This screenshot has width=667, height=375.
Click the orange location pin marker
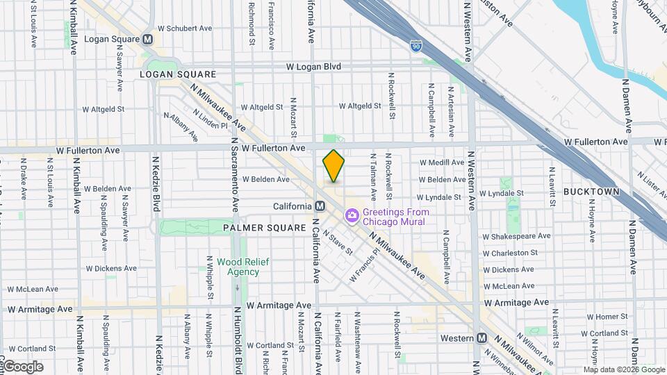coord(333,166)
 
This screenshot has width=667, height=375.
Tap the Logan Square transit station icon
coord(147,40)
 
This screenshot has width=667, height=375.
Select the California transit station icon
coord(320,206)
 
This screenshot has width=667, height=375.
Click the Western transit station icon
coord(481,338)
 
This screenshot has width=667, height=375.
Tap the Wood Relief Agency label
coord(242,267)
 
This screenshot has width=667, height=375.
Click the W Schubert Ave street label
coord(184,29)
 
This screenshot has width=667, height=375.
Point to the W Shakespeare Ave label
coord(516,236)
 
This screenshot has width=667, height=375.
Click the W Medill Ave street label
coord(441,162)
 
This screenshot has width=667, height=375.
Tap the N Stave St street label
coord(333,243)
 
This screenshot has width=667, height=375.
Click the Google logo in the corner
coord(22,367)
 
